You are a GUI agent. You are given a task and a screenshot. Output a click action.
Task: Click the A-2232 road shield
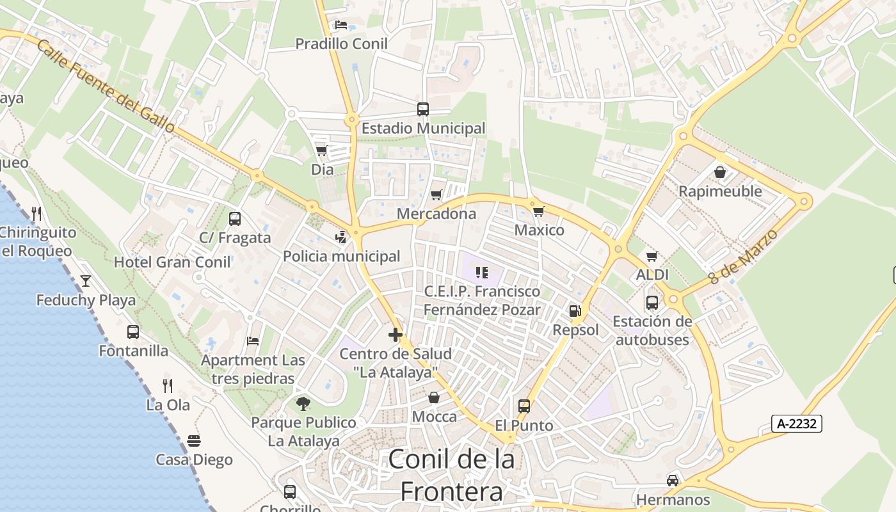[796, 423]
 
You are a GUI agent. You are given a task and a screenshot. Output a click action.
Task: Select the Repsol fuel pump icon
[575, 311]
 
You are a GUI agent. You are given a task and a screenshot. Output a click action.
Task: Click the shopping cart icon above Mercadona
[436, 195]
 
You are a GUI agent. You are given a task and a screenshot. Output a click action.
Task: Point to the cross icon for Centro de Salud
[396, 334]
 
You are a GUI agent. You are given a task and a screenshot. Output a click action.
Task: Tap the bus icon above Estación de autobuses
[652, 302]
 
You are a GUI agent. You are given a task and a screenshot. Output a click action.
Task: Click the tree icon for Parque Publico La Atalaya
[303, 403]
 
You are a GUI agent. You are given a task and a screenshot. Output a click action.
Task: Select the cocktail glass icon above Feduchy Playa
[85, 280]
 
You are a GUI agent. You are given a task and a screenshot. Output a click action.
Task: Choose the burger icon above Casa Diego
[195, 441]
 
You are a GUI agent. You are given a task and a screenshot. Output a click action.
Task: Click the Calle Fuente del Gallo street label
[106, 86]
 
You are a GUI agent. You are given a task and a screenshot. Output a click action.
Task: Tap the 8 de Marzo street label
[743, 257]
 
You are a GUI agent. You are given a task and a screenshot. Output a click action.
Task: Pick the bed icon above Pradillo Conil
[341, 25]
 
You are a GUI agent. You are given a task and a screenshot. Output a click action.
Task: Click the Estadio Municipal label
[423, 128]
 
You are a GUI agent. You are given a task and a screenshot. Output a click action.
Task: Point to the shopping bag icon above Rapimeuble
[720, 172]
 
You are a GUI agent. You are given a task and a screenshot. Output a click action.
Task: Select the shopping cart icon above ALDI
[652, 256]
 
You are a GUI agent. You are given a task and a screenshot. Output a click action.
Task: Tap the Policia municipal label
[341, 256]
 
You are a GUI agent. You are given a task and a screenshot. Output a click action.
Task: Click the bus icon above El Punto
[524, 406]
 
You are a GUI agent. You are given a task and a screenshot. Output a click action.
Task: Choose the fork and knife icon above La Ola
[168, 385]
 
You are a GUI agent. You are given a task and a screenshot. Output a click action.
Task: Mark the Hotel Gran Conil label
[172, 262]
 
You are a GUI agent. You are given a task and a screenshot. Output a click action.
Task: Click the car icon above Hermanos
[673, 480]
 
